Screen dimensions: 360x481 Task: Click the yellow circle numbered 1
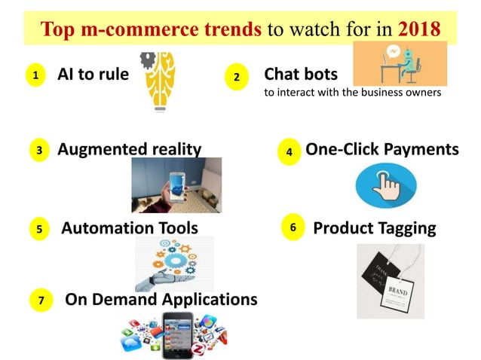coord(34,75)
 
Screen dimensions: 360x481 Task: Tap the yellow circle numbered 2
coord(237,78)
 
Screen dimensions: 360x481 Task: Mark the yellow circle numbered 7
coord(42,301)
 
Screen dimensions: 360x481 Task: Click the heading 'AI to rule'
coord(93,75)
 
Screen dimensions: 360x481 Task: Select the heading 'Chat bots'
coord(301,75)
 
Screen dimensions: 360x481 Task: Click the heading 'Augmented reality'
coord(130,149)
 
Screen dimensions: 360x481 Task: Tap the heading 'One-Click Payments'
coord(381,149)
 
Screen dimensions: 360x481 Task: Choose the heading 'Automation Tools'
coord(130,227)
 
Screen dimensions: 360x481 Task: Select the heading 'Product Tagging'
coord(375,227)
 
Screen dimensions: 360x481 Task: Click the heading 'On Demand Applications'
coord(161,300)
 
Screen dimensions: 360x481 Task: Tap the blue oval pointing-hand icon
coord(385,185)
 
